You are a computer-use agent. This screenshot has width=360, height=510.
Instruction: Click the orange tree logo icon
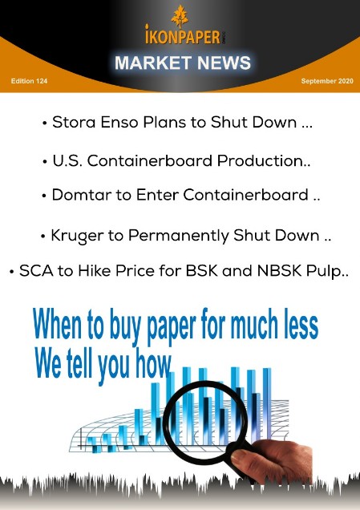[180, 16]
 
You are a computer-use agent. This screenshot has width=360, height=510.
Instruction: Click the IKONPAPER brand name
[183, 36]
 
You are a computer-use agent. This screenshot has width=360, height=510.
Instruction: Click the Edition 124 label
[29, 81]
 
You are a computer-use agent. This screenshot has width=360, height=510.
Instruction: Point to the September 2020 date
[327, 81]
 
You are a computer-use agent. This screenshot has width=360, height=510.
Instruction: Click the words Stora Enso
[95, 123]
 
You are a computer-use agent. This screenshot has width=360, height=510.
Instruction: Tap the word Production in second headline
[260, 160]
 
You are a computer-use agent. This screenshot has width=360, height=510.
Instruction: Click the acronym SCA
[36, 270]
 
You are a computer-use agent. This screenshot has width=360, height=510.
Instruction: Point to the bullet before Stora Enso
[45, 124]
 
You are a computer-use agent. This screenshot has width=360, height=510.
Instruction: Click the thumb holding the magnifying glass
[242, 456]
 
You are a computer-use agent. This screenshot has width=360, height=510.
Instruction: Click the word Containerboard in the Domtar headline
[245, 195]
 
